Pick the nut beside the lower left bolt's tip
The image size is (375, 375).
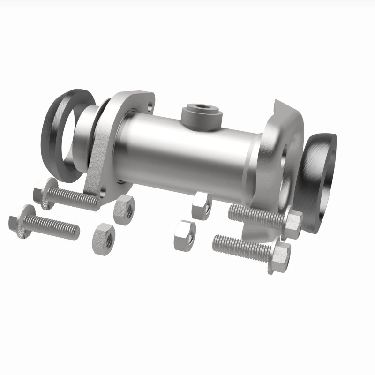[x=104, y=239]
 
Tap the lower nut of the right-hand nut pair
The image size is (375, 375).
[x=185, y=236]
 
